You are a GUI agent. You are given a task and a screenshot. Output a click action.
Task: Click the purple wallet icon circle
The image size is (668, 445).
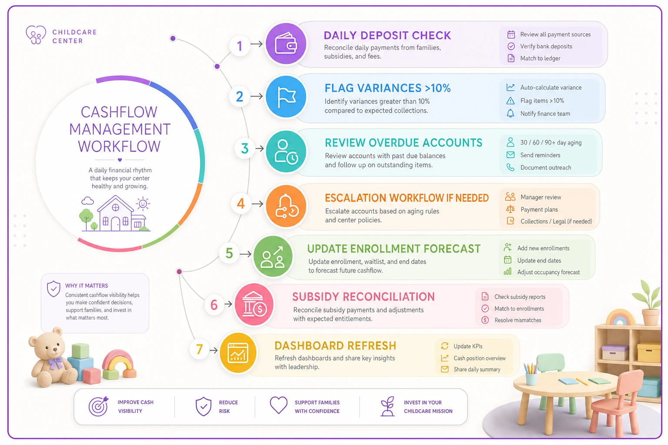(x=286, y=43)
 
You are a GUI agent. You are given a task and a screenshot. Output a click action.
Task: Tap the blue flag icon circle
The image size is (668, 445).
(x=286, y=96)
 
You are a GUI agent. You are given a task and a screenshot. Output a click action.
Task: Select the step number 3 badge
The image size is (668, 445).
(x=244, y=148)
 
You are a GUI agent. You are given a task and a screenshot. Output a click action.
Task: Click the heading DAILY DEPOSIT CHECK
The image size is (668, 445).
(x=387, y=36)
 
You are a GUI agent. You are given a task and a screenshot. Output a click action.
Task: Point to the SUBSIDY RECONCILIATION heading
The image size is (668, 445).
(x=363, y=296)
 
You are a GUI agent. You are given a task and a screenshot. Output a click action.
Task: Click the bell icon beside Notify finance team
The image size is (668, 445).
(x=510, y=113)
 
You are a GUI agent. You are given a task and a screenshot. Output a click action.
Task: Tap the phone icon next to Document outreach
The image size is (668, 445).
(x=510, y=167)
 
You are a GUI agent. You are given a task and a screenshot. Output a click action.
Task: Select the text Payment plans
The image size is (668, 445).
(x=539, y=209)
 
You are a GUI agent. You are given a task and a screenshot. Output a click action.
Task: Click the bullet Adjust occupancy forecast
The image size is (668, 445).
(x=548, y=272)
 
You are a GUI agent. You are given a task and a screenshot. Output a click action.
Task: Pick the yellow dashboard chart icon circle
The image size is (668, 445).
(x=238, y=353)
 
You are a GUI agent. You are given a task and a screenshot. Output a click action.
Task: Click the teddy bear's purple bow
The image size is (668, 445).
(x=55, y=363)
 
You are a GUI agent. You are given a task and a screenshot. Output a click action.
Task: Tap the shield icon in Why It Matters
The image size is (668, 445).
(x=53, y=289)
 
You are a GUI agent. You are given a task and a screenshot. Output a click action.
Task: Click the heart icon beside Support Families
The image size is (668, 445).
(x=278, y=405)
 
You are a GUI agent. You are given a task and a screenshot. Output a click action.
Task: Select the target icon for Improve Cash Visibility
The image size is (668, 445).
(x=98, y=406)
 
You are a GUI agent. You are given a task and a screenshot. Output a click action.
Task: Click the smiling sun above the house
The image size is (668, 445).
(x=143, y=204)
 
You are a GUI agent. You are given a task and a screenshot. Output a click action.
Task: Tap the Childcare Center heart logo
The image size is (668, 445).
(x=36, y=35)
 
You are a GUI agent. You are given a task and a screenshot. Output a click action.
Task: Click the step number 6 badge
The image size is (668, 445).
(x=214, y=305)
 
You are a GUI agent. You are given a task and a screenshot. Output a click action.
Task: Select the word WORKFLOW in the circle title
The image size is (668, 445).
(x=119, y=146)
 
